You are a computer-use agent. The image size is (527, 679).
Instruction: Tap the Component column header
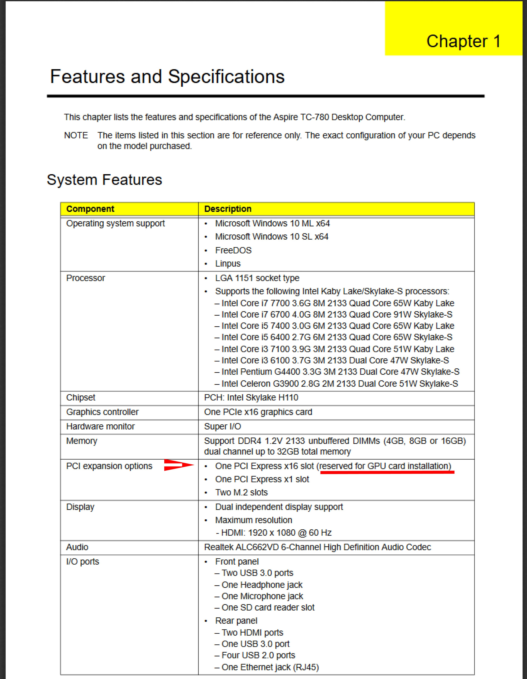[90, 209]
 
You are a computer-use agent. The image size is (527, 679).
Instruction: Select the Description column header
[228, 209]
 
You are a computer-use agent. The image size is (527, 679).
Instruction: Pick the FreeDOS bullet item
[233, 250]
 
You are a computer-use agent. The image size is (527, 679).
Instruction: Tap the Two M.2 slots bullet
[241, 492]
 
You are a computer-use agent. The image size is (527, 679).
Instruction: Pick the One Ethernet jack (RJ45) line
[270, 667]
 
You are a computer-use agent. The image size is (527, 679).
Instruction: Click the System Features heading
[104, 180]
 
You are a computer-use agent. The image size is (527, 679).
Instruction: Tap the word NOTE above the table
[76, 136]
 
